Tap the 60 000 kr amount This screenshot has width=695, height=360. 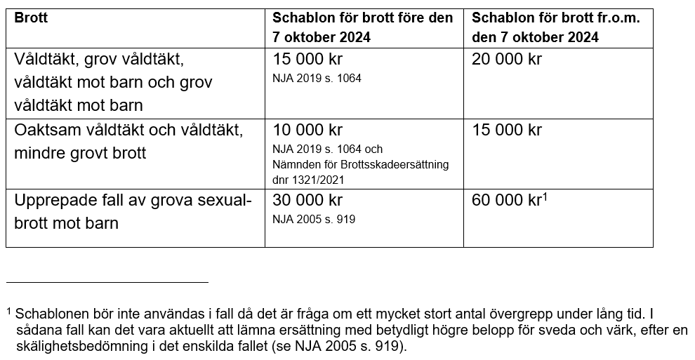507,201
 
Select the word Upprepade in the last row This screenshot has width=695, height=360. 53,201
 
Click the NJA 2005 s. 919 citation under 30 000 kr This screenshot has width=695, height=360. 314,219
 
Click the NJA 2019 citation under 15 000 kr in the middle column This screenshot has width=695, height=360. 317,78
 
